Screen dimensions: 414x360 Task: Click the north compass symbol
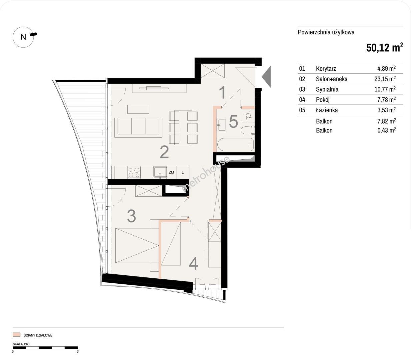pos(23,37)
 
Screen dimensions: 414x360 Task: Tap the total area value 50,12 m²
pos(384,48)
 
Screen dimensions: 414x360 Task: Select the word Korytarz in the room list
pos(326,69)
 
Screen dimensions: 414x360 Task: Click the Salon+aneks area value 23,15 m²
pos(385,79)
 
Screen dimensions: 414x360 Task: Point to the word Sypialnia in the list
pos(327,89)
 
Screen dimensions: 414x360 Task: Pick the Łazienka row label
pos(327,110)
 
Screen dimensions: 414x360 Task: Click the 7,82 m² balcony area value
pos(386,121)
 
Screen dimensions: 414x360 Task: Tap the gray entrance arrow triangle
pos(266,77)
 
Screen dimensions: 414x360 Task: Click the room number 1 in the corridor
pos(222,92)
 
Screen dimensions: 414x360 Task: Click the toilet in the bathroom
pos(248,130)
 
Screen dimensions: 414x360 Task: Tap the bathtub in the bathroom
pos(235,144)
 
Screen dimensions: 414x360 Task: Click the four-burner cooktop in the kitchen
pos(134,172)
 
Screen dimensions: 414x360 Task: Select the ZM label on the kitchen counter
pos(171,172)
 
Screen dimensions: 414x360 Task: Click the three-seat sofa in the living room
pos(138,127)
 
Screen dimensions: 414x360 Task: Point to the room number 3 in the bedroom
pos(131,216)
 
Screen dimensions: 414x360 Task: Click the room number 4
pos(193,263)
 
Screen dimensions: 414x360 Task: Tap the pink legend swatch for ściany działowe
pos(16,335)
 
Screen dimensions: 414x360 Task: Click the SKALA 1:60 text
pos(21,344)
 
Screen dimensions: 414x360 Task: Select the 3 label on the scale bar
pos(78,352)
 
